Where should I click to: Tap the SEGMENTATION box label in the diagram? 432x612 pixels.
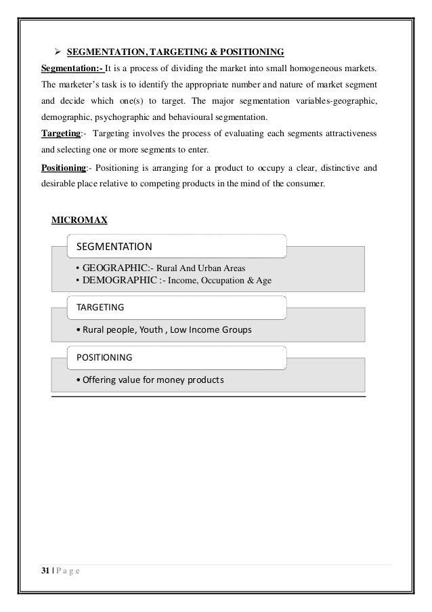[114, 245]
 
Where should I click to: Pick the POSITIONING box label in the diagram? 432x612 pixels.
[104, 356]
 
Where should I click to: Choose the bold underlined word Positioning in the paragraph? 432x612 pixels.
[64, 167]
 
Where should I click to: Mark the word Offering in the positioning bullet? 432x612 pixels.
[99, 380]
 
